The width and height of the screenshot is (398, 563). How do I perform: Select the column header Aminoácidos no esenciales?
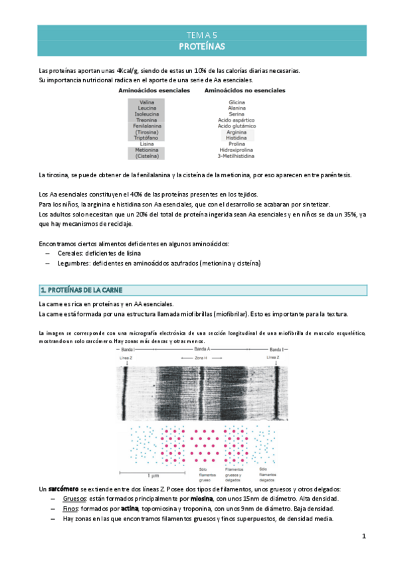point(237,89)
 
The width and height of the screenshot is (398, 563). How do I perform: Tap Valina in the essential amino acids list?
point(148,102)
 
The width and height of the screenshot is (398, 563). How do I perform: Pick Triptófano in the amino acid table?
point(148,137)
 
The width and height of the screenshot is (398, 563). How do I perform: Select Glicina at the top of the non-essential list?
point(237,102)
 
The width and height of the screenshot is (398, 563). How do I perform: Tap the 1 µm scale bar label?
point(152,477)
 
